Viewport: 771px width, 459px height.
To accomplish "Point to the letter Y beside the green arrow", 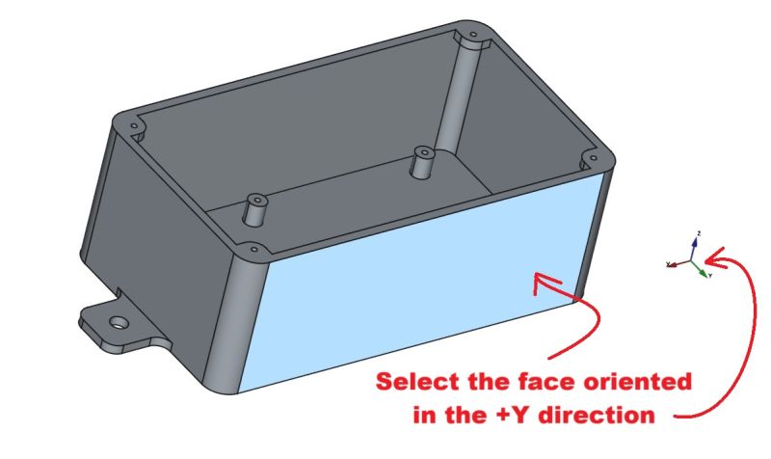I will click(710, 276).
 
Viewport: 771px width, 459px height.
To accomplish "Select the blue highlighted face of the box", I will click(414, 289).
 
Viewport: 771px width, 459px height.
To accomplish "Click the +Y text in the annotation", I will click(489, 417).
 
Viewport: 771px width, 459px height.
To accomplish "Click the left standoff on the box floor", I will click(256, 205).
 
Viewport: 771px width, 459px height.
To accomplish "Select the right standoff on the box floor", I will click(421, 161).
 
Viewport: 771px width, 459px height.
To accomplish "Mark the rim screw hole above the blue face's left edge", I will click(253, 248).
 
